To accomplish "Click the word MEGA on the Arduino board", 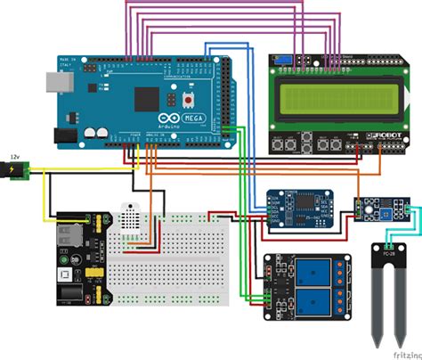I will tap(191, 118).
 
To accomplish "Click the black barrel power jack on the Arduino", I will tap(64, 135).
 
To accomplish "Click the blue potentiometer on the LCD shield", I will tap(282, 60).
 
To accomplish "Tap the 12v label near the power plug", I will tap(13, 157).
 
